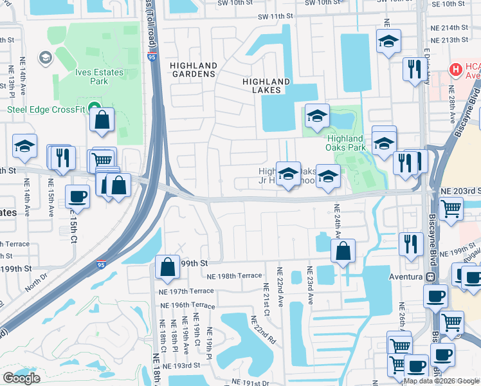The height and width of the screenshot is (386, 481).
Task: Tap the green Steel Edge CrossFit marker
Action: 95,108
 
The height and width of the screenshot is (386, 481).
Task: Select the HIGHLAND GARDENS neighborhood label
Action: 193,69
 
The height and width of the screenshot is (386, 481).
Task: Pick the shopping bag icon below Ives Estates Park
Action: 102,120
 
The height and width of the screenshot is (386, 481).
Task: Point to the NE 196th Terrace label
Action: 187,304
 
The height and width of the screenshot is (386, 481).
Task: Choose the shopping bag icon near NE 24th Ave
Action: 343,251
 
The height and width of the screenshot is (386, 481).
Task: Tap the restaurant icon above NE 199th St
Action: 410,244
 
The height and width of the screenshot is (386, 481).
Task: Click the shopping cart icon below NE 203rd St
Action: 451,208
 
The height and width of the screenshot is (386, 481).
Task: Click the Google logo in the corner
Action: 21,378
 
